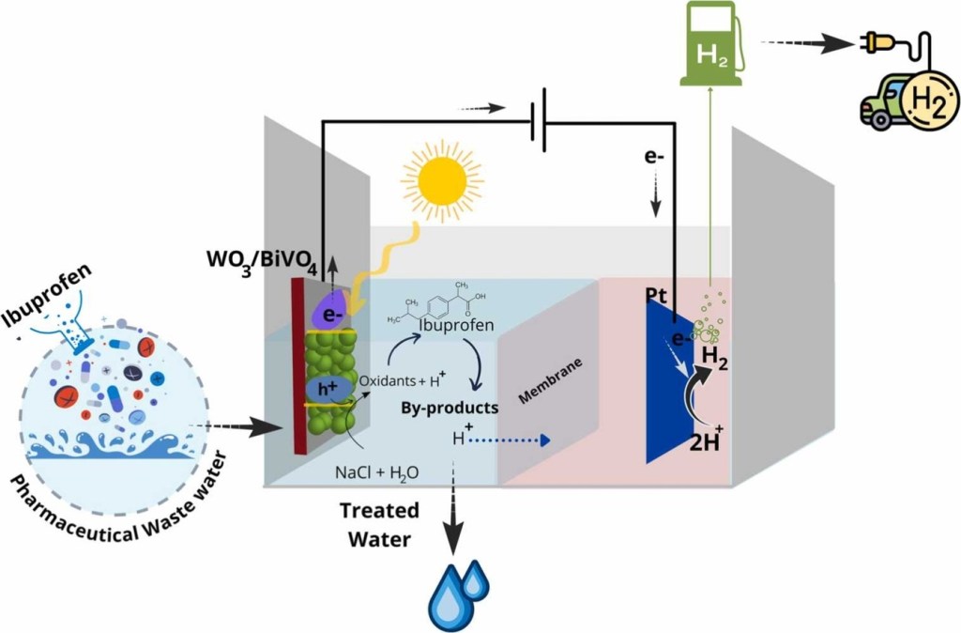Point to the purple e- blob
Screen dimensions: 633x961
pyautogui.click(x=334, y=308)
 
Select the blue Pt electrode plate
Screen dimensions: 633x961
pyautogui.click(x=668, y=385)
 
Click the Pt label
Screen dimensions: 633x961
pyautogui.click(x=657, y=296)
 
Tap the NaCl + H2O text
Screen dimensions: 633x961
pyautogui.click(x=376, y=471)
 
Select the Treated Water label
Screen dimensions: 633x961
pyautogui.click(x=380, y=526)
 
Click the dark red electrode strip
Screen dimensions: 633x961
pyautogui.click(x=299, y=366)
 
